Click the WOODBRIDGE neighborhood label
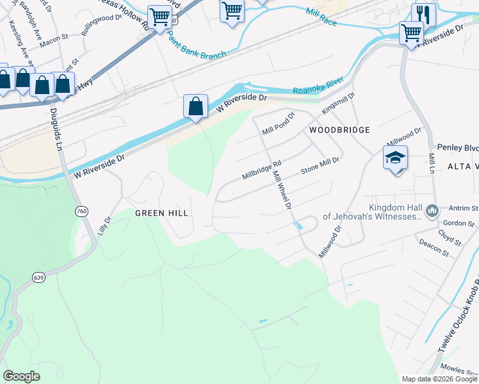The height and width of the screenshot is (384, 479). coord(339,130)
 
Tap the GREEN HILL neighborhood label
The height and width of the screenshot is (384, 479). coord(161,212)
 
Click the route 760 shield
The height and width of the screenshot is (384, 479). coord(81,212)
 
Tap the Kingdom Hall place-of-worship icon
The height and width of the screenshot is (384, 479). coord(433,210)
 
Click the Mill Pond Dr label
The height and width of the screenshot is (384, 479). coord(278,124)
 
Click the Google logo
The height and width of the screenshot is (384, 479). coord(22,376)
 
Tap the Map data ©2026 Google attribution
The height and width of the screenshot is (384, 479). coord(439,379)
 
